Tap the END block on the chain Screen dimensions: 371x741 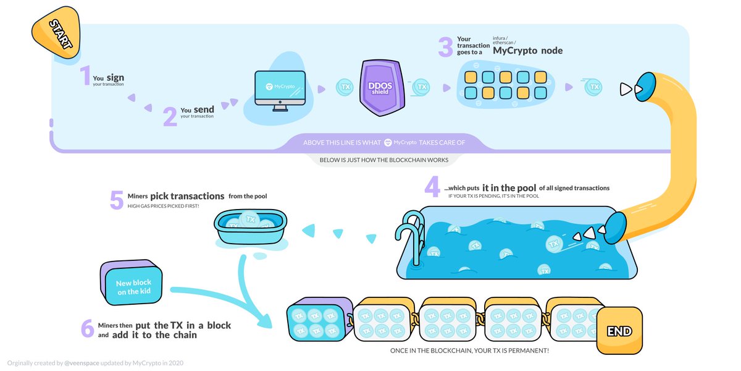click(x=619, y=331)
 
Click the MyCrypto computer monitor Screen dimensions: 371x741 click(x=280, y=90)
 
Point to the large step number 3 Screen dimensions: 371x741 click(x=445, y=47)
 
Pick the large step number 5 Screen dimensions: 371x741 click(x=117, y=199)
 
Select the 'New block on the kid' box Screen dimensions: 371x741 click(x=132, y=286)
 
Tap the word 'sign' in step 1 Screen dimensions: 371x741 click(x=115, y=77)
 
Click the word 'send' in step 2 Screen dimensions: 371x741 click(x=204, y=109)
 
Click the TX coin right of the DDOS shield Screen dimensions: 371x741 click(x=421, y=88)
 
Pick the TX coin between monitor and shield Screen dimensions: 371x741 click(x=344, y=88)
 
